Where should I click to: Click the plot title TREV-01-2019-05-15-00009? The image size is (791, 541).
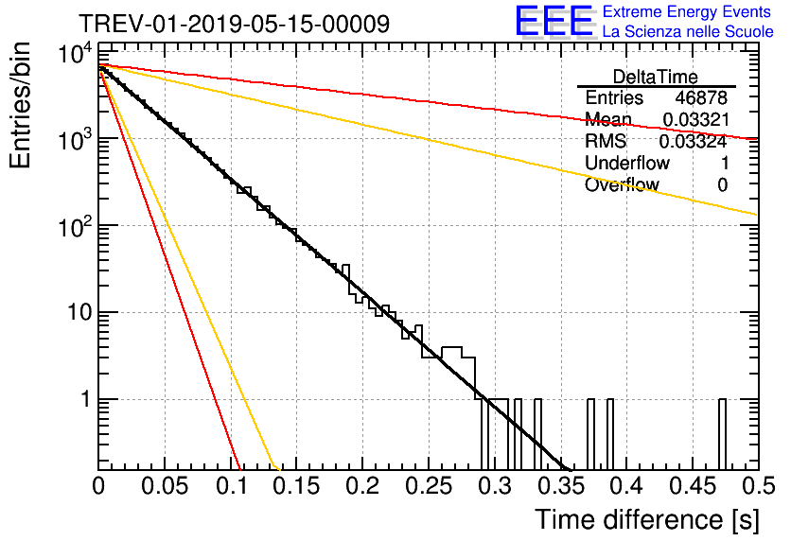click(x=233, y=24)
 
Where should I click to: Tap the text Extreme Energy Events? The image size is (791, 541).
click(x=688, y=12)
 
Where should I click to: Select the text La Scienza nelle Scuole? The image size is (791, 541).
click(x=688, y=32)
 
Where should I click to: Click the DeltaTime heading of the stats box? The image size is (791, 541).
click(x=655, y=76)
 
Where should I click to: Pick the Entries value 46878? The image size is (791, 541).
click(x=701, y=98)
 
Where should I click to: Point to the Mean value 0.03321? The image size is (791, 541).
click(x=694, y=120)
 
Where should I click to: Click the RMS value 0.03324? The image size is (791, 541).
click(x=694, y=142)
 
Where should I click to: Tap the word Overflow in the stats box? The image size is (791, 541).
click(x=622, y=185)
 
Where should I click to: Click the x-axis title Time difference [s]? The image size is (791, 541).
click(x=645, y=519)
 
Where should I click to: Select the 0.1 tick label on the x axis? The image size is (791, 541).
click(x=230, y=486)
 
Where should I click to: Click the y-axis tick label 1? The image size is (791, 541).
click(x=82, y=400)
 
